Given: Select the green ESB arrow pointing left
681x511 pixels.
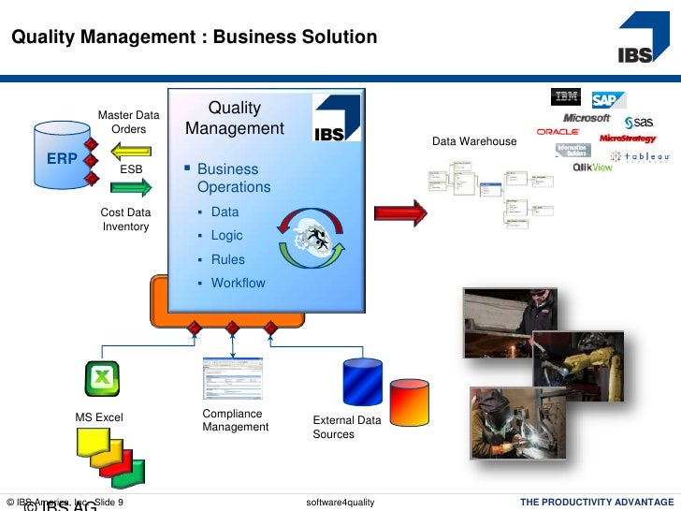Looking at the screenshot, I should [x=134, y=149].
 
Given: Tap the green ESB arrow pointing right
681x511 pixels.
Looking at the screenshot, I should [x=134, y=188].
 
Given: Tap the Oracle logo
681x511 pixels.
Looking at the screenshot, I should [x=558, y=132].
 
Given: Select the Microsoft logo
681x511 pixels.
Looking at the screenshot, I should [x=587, y=119].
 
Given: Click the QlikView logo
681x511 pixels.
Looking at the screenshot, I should [x=593, y=168].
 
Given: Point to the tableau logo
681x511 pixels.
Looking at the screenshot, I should [x=641, y=157].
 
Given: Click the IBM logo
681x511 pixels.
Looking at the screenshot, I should [x=566, y=96].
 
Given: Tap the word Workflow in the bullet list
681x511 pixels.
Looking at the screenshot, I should [x=238, y=283].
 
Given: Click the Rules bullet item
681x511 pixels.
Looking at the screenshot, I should [x=227, y=259].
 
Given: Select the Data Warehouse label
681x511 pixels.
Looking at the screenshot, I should [x=473, y=141].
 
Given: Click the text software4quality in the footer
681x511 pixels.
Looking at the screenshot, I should [x=340, y=504].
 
